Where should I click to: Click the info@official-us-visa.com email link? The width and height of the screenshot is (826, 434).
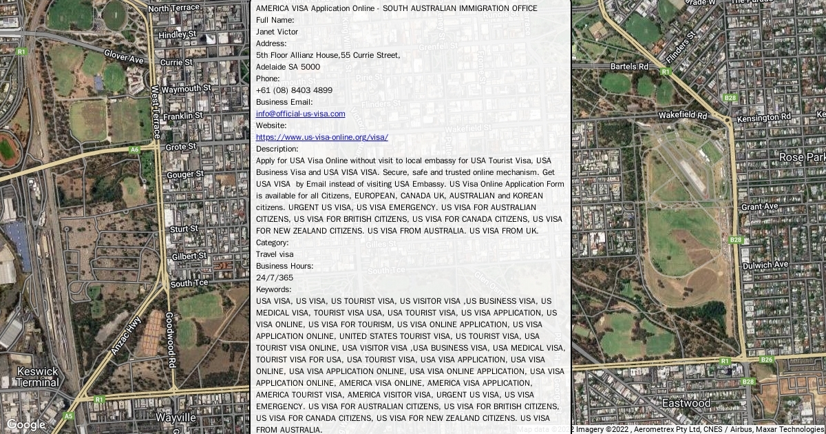point(300,114)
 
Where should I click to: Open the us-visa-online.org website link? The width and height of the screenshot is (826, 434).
point(321,137)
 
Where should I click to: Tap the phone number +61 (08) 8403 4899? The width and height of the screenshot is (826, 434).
point(294,90)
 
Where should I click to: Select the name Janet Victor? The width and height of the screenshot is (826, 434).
point(277,32)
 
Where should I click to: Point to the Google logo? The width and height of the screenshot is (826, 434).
point(25,424)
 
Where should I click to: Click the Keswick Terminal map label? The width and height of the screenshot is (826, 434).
point(37,376)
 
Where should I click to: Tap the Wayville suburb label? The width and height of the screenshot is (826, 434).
point(176,417)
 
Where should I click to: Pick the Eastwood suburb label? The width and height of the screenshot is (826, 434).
point(686,402)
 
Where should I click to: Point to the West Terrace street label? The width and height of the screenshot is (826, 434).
point(156,111)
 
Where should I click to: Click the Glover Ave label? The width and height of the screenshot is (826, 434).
point(124,56)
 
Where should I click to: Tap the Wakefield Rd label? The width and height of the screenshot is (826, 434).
point(683,116)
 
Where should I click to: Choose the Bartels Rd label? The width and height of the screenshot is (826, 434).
point(629,67)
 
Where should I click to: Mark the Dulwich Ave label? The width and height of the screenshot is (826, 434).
point(765,265)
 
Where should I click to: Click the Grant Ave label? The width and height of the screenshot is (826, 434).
point(759,207)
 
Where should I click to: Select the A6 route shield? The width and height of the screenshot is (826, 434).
point(134,149)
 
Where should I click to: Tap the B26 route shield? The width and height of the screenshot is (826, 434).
point(766,360)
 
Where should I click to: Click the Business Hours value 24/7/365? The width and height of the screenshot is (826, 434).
point(275,278)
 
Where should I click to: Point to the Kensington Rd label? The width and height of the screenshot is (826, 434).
point(761,118)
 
